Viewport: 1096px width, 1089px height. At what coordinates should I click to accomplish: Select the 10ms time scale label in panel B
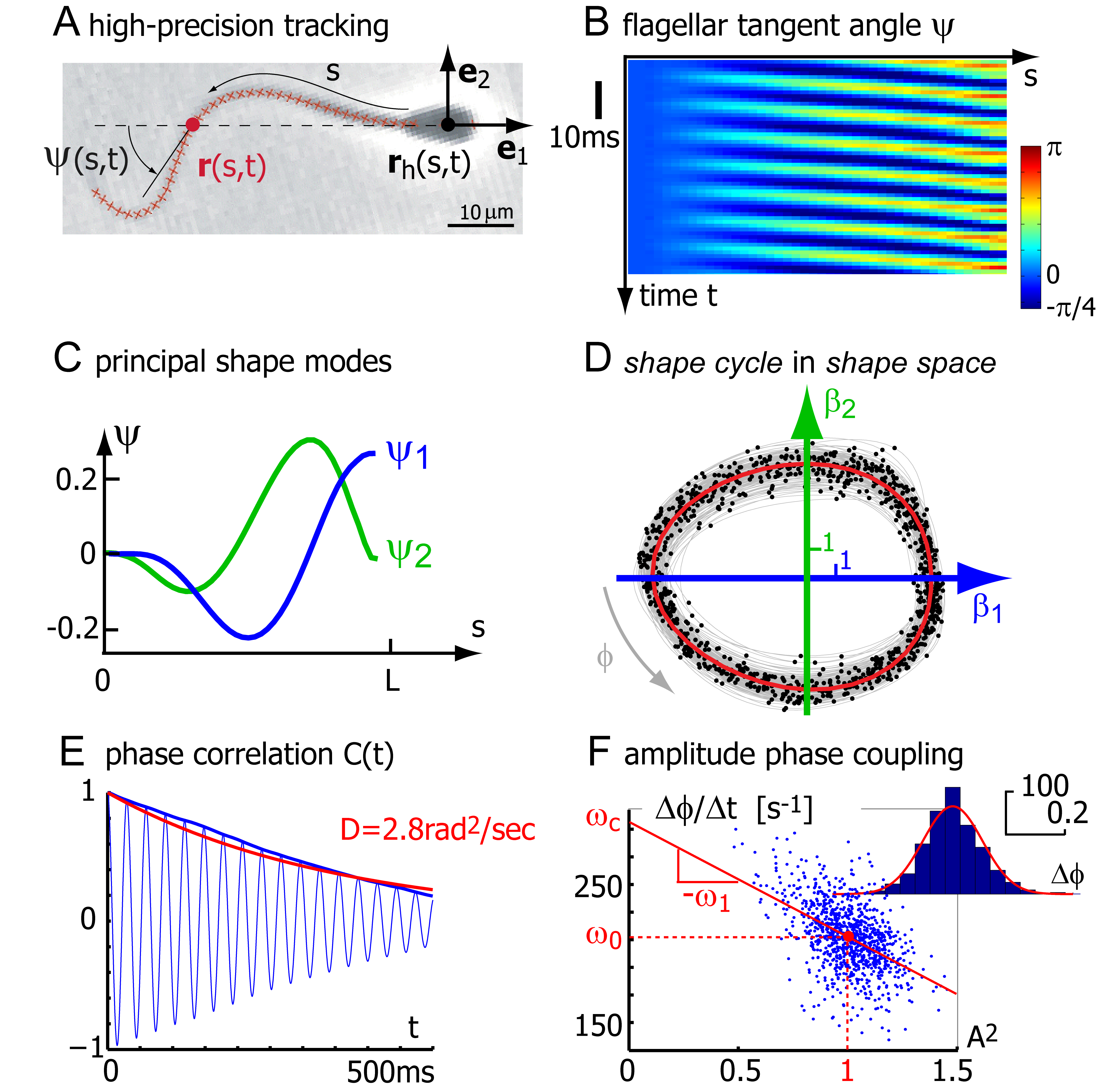tap(584, 138)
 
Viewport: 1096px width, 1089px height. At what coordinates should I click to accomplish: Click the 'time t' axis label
tap(678, 296)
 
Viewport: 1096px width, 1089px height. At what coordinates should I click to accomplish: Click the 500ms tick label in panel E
tap(390, 1071)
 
